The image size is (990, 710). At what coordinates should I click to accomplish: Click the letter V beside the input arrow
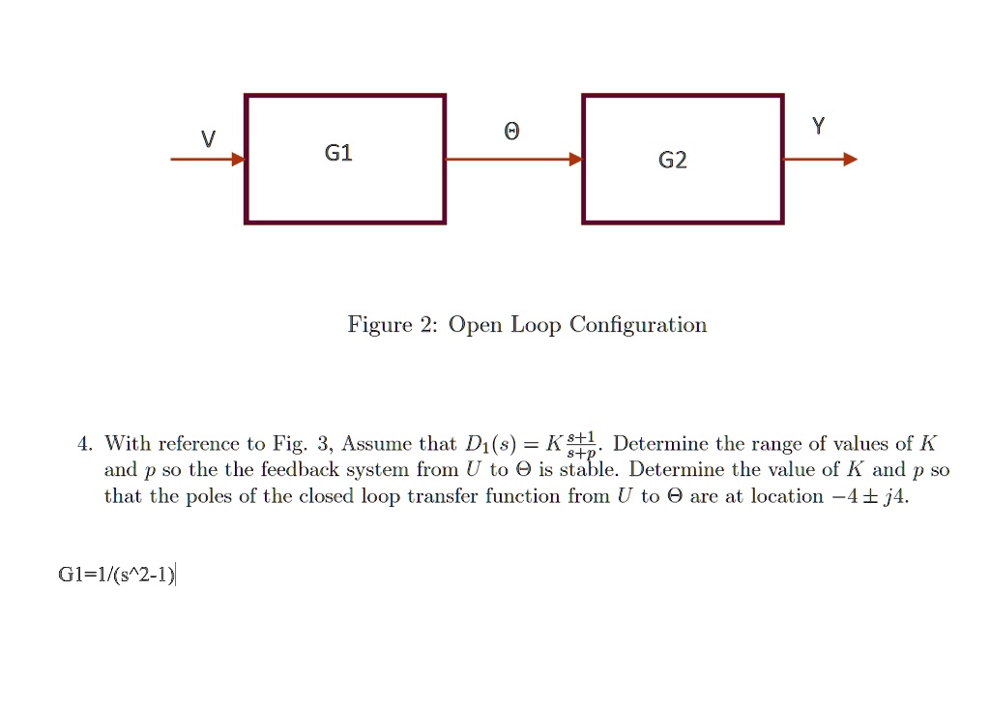click(x=208, y=139)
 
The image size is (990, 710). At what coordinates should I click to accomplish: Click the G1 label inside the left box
click(x=338, y=153)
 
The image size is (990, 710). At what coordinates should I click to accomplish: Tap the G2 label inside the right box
click(x=673, y=161)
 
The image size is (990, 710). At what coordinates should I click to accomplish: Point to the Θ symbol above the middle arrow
click(x=512, y=132)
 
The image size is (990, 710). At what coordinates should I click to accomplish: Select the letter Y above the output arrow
click(x=819, y=126)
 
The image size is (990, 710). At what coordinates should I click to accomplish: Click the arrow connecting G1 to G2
click(x=513, y=160)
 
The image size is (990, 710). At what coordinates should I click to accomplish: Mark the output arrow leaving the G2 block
click(x=820, y=160)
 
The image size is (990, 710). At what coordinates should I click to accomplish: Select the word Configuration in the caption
click(x=638, y=325)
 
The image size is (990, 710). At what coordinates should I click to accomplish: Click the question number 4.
click(x=84, y=445)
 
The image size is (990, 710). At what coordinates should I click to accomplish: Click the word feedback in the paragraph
click(x=299, y=471)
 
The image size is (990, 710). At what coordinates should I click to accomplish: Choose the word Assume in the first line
click(x=376, y=445)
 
